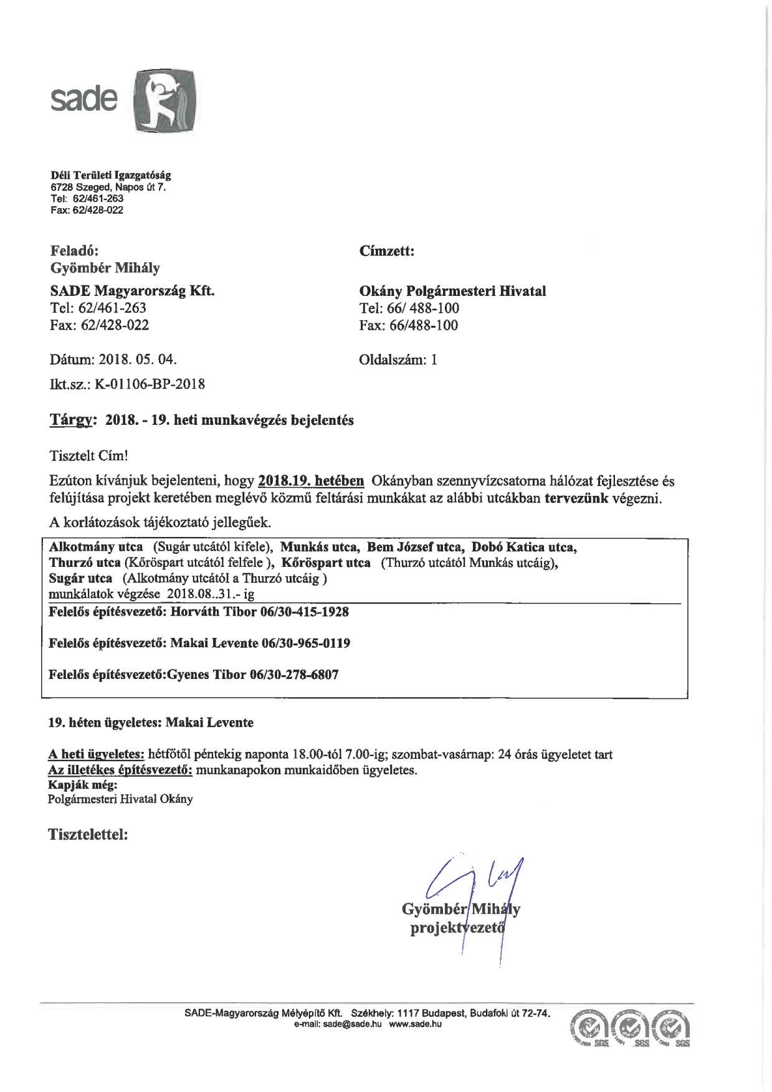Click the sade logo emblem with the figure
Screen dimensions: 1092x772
click(165, 102)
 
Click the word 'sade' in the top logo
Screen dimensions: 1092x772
click(83, 98)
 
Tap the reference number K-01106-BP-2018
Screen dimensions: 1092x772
click(150, 384)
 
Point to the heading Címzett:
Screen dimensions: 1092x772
click(386, 251)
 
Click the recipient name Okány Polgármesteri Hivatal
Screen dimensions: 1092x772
click(452, 291)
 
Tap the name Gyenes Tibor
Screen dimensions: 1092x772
click(205, 675)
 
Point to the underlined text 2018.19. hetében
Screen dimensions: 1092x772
click(311, 481)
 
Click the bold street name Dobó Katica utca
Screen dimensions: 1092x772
click(523, 547)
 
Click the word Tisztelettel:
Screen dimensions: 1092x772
click(88, 834)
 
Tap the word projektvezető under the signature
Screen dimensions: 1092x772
click(457, 928)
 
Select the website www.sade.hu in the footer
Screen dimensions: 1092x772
click(416, 1024)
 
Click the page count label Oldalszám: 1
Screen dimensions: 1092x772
click(398, 359)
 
